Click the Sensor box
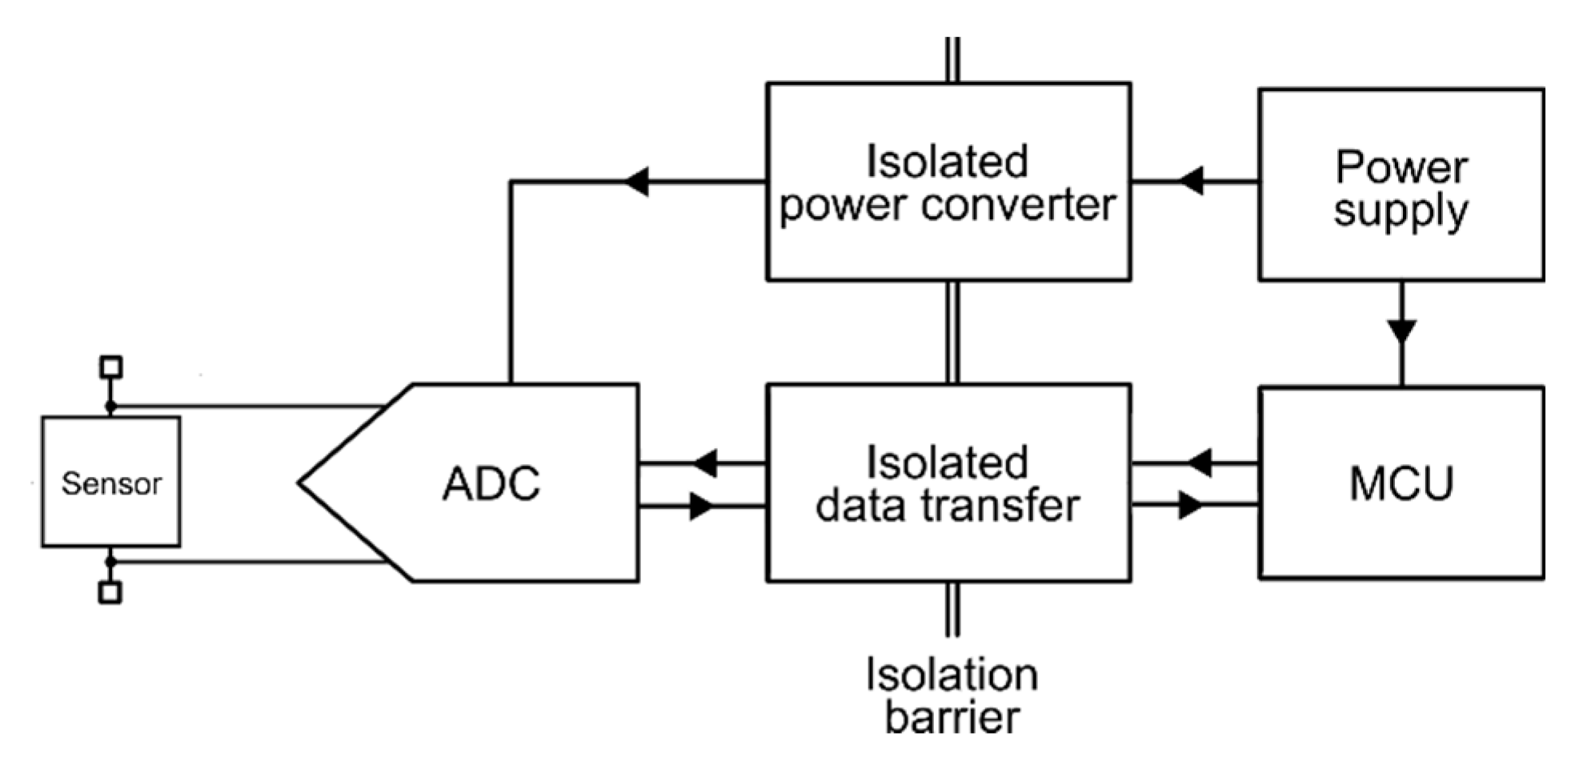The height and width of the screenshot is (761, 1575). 110,482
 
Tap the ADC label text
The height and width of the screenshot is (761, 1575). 491,483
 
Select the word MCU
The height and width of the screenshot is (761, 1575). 1401,483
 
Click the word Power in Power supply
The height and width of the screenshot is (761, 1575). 1401,167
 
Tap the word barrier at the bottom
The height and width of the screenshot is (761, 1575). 952,716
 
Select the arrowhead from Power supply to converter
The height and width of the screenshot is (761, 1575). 1192,181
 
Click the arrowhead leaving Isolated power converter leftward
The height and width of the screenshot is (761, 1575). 636,182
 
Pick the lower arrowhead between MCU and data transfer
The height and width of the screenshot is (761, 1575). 1191,506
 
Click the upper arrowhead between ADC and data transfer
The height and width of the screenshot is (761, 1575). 704,463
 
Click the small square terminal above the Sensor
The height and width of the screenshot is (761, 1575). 110,366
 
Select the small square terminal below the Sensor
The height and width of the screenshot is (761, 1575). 110,592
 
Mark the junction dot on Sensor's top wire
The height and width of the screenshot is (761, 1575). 110,407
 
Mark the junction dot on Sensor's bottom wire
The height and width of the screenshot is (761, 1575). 110,560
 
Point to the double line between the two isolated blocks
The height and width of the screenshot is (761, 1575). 952,331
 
